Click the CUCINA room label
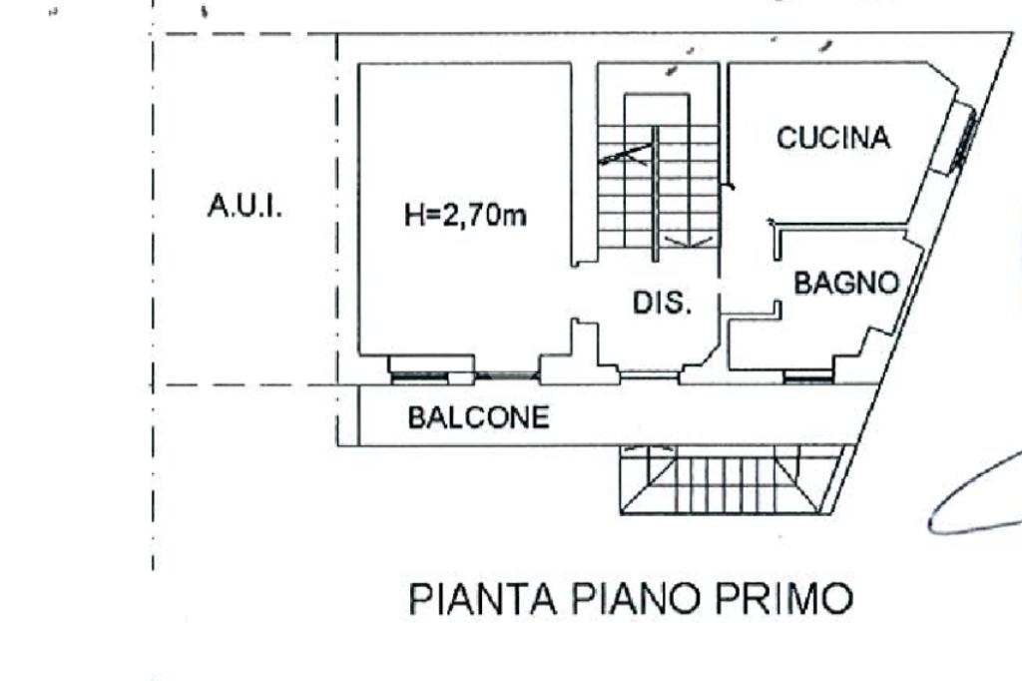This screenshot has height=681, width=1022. pos(833,138)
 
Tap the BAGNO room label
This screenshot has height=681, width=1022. pos(846,284)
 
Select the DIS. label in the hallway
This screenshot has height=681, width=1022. pos(662,303)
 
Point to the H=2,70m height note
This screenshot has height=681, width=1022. pos(465,214)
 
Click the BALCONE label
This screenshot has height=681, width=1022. pos(478,417)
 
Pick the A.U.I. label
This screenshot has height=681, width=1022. pos(245,206)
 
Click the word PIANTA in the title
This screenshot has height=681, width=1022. pos(483,598)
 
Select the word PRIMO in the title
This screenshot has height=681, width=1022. pos(784,598)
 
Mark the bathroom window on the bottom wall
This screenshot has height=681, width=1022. pos(808,376)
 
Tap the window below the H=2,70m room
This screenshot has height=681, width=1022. pos(421,376)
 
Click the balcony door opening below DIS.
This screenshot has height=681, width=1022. pos(649,375)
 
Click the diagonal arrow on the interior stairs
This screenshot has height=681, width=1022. pos(625,155)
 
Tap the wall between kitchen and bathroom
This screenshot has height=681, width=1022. pos(840,227)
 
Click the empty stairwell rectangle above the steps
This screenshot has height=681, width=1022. pos(657,110)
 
